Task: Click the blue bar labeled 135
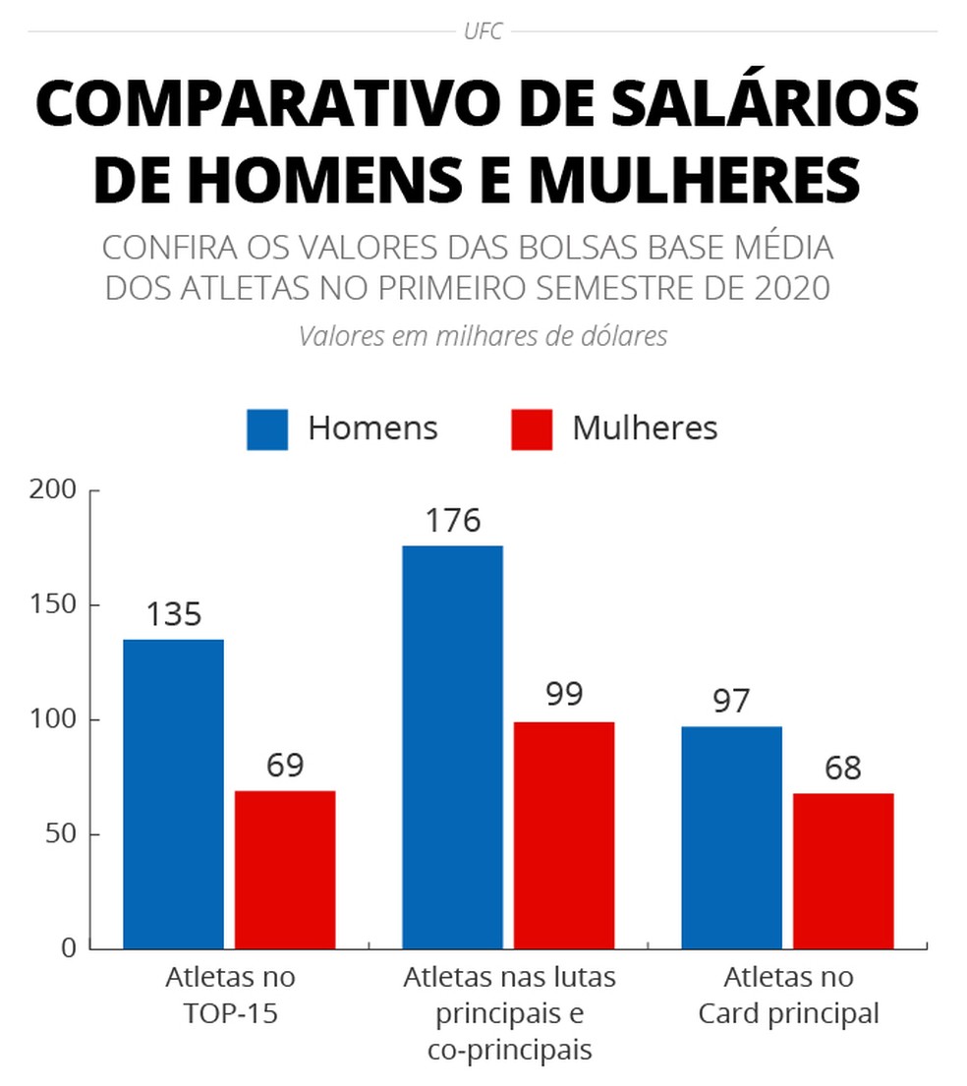click(173, 794)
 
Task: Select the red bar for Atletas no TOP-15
click(285, 870)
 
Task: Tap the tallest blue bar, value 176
click(453, 747)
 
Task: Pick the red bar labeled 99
click(564, 835)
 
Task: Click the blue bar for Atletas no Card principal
click(732, 837)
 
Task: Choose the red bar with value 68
click(844, 871)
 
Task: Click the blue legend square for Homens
click(267, 429)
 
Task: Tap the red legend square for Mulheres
click(532, 429)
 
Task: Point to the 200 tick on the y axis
click(55, 489)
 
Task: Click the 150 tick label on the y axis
click(55, 604)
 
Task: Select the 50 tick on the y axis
click(61, 834)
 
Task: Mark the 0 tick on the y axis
click(68, 948)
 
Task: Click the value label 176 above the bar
click(453, 521)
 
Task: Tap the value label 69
click(285, 766)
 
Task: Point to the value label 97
click(732, 702)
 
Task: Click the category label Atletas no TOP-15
click(230, 996)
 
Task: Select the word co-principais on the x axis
click(510, 1050)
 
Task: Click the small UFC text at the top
click(483, 31)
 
